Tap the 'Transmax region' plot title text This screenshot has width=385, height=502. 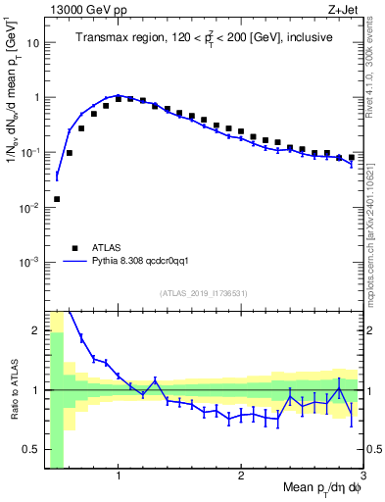click(x=204, y=37)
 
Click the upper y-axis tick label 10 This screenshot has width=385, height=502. click(x=31, y=43)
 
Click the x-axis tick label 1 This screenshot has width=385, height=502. click(x=119, y=477)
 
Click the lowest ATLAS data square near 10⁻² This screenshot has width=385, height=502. click(x=57, y=199)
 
